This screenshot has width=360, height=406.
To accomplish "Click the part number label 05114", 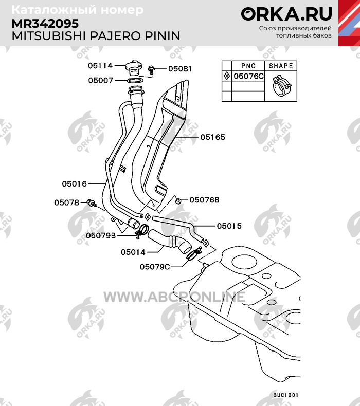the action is (100, 66).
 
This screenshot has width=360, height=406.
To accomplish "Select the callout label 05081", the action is (180, 69).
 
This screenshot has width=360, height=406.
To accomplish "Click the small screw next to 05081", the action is (151, 70).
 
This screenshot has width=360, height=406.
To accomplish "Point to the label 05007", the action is (101, 81).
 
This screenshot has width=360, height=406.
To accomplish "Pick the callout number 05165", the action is (213, 137).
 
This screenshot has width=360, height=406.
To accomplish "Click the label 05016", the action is (74, 184).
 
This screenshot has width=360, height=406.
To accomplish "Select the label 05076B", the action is (205, 200).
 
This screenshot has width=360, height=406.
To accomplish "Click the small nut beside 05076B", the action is (178, 200).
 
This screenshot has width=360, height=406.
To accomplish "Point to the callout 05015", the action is (229, 226).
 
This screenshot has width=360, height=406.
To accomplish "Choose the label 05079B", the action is (101, 235).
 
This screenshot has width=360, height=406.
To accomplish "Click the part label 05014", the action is (133, 252).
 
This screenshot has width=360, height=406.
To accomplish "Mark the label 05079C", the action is (155, 267).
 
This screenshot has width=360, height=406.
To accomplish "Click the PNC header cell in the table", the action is (248, 66).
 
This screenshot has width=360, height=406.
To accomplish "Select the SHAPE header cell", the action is (281, 66).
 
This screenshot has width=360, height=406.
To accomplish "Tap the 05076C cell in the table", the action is (248, 76).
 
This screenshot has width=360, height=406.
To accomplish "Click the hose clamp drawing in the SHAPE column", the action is (281, 85).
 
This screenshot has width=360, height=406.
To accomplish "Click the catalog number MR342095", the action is (45, 24).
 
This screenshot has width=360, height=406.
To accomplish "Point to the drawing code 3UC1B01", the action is (286, 395).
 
